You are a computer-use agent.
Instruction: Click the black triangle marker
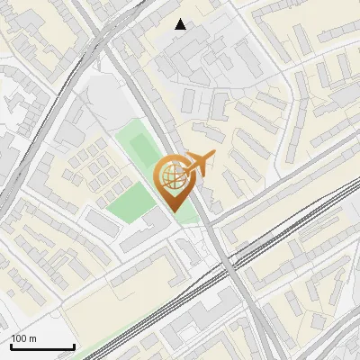[x=181, y=24]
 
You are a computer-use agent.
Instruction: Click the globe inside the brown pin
[x=172, y=176]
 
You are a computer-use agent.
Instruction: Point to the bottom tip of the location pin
[x=172, y=211]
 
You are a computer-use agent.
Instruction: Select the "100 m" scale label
[x=23, y=339]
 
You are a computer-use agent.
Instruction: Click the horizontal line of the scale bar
[x=42, y=347]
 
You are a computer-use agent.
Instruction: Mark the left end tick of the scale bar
[x=11, y=346]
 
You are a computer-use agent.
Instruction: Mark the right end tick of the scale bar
[x=74, y=346]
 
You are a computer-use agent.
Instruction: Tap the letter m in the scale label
[x=32, y=339]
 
